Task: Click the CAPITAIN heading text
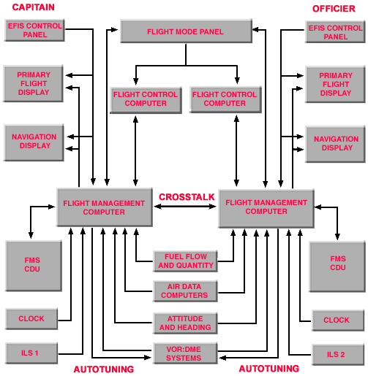[x=33, y=7]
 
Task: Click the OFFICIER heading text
[x=334, y=9]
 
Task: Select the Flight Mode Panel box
[x=181, y=32]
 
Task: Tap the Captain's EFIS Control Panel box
[x=34, y=31]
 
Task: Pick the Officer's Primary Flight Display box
[x=335, y=85]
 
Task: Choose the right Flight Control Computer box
[x=225, y=99]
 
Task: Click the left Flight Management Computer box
[x=103, y=207]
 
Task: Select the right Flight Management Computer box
[x=266, y=207]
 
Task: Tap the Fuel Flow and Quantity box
[x=185, y=261]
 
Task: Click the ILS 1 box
[x=31, y=353]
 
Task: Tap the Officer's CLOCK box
[x=336, y=320]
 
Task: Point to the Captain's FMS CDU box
[x=31, y=264]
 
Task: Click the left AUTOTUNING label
[x=103, y=369]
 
